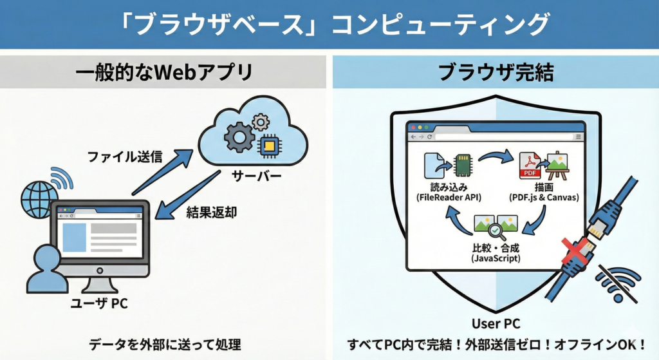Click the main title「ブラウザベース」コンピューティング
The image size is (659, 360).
329,24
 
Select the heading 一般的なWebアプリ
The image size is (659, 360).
163,71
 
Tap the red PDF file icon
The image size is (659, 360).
530,166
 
